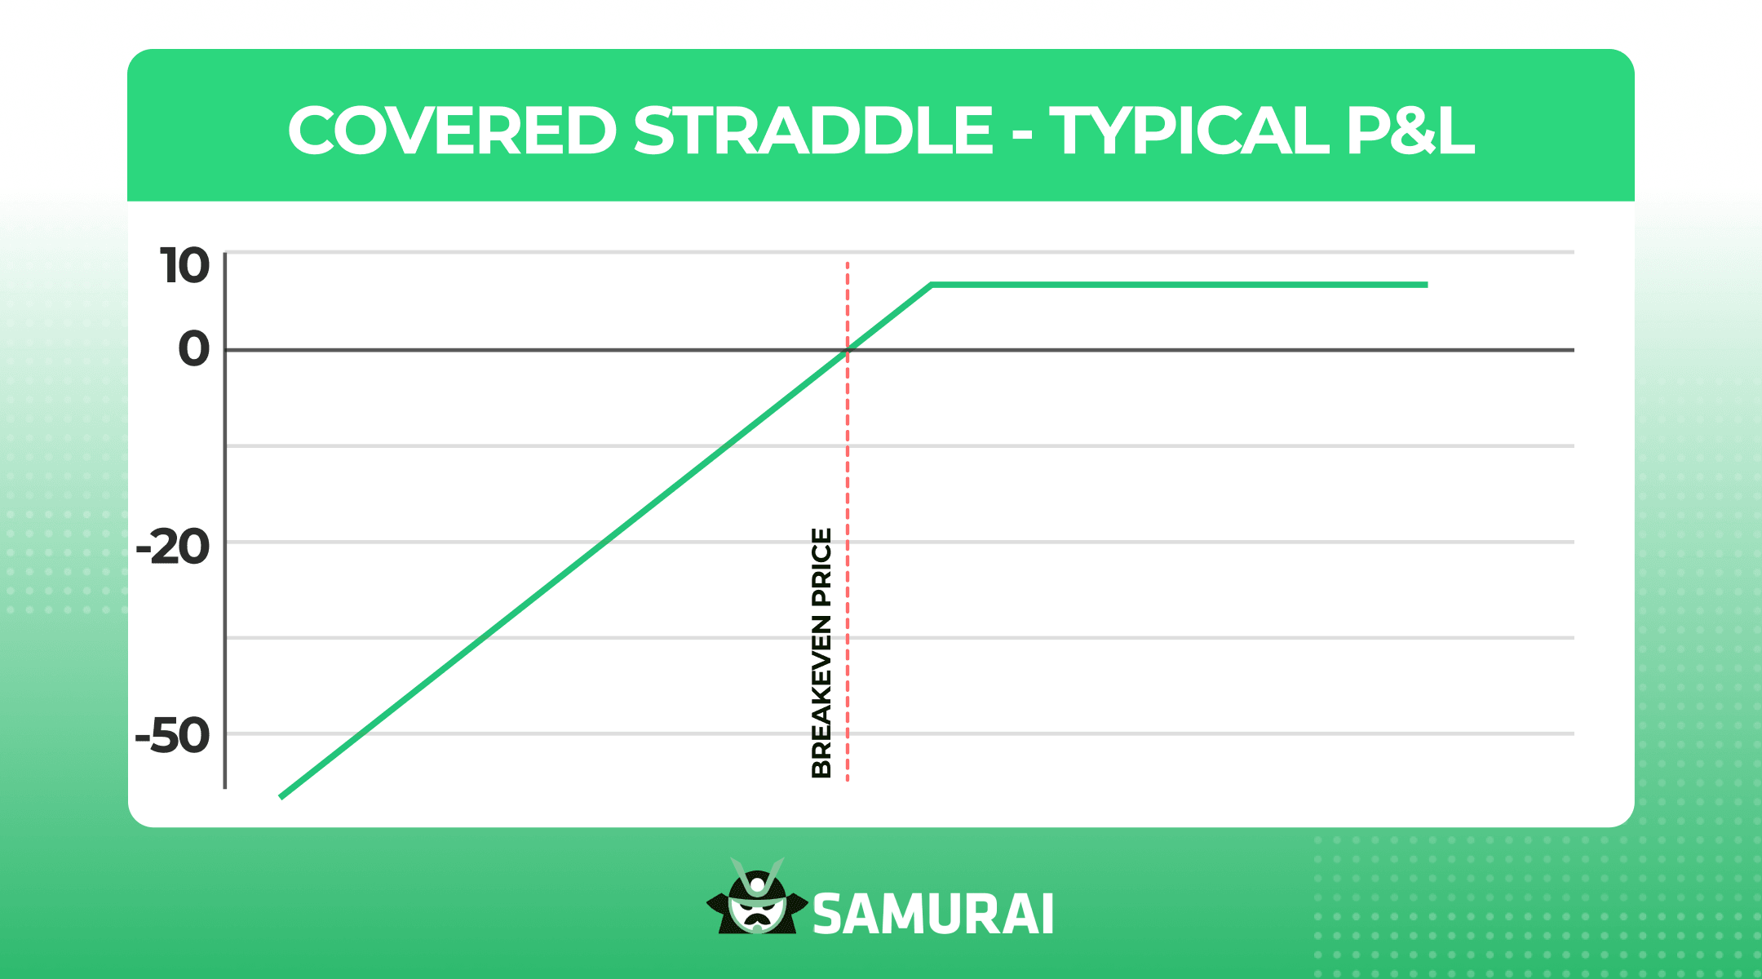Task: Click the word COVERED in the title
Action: tap(452, 131)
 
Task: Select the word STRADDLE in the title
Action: tap(813, 131)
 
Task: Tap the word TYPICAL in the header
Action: tap(1189, 131)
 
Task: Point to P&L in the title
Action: tap(1410, 131)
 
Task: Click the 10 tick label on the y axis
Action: tap(185, 267)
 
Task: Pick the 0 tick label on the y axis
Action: tap(194, 350)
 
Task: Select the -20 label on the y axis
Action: tap(173, 547)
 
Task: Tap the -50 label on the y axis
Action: tap(172, 737)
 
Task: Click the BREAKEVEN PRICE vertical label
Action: tap(821, 653)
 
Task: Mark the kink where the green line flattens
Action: tap(931, 285)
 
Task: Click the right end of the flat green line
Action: tap(1427, 285)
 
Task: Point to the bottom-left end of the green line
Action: tap(281, 796)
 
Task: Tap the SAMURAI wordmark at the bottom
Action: tap(933, 915)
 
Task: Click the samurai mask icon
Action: tap(757, 897)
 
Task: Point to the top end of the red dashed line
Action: tap(848, 263)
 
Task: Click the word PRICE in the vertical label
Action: tap(821, 568)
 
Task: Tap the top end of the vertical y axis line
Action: tap(225, 253)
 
